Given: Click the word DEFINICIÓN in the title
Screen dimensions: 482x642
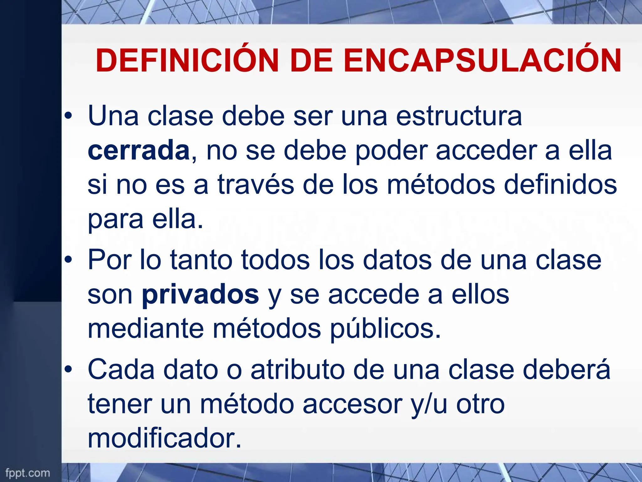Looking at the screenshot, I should click(187, 60).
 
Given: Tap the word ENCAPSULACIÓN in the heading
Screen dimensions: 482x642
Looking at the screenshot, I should click(482, 60).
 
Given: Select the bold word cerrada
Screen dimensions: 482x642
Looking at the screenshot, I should click(139, 151).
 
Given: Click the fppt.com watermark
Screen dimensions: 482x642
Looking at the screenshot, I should click(28, 473).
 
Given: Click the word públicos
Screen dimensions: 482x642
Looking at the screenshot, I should click(385, 329).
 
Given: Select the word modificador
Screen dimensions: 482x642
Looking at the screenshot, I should click(164, 438).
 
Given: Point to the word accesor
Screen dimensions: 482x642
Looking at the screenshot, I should click(352, 404).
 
